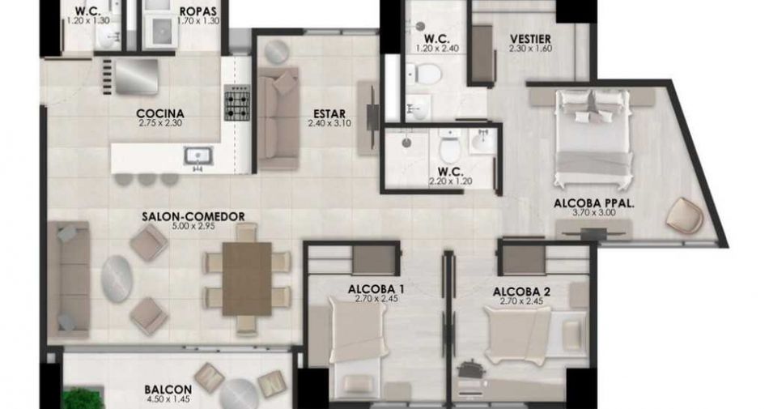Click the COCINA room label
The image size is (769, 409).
click(x=160, y=113)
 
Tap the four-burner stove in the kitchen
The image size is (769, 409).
click(x=237, y=102)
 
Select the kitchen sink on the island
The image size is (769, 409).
click(x=198, y=156)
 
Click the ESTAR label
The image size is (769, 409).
click(x=329, y=114)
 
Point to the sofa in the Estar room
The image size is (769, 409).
click(x=278, y=119)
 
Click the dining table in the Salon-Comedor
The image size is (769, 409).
click(x=247, y=279)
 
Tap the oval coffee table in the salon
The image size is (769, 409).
click(x=117, y=279)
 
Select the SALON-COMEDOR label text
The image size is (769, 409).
click(x=193, y=216)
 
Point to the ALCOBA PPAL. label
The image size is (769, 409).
click(x=594, y=203)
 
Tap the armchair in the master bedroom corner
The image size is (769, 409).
click(x=685, y=215)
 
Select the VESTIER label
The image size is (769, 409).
click(x=530, y=39)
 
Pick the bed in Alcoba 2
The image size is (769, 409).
click(x=534, y=329)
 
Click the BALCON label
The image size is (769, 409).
click(x=168, y=390)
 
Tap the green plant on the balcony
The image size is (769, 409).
click(x=84, y=398)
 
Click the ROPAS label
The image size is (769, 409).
click(x=198, y=11)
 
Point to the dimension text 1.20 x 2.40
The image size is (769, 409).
click(x=437, y=49)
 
